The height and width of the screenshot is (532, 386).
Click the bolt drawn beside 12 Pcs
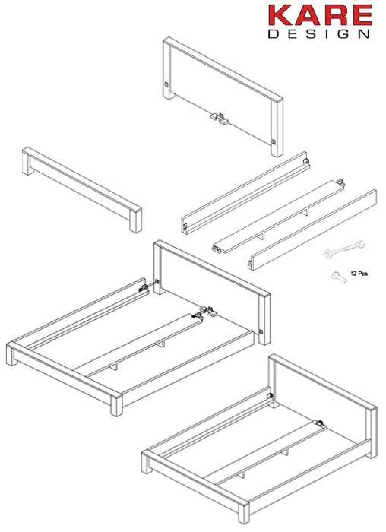coord(337,277)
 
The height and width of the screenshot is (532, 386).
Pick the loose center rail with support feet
coord(277,216)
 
